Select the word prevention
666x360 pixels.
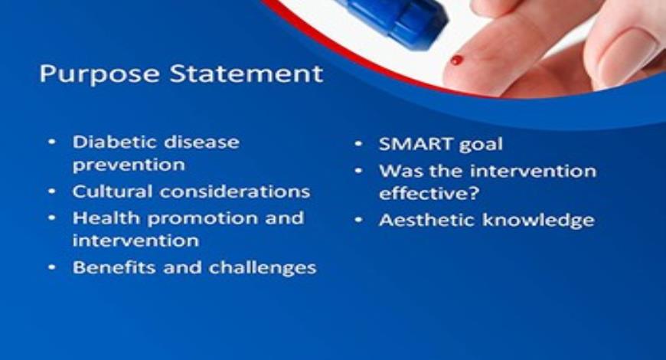pyautogui.click(x=129, y=165)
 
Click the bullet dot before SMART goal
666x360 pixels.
pyautogui.click(x=358, y=144)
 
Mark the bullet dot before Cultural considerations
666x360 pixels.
pyautogui.click(x=52, y=191)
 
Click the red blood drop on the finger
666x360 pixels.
pyautogui.click(x=457, y=60)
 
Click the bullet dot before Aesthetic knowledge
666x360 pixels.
pyautogui.click(x=358, y=221)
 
